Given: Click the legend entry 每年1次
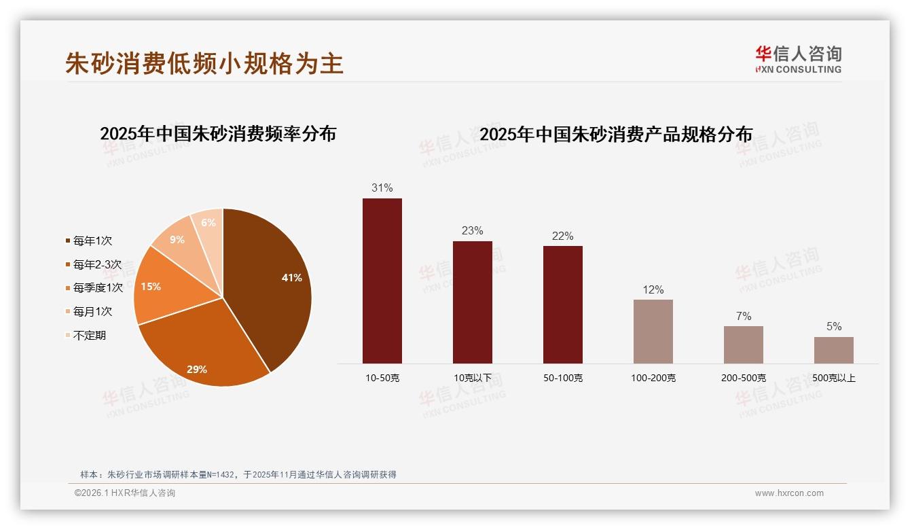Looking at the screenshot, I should [92, 241].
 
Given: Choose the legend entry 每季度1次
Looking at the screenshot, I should [98, 288].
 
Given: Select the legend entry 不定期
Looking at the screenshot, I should [89, 336].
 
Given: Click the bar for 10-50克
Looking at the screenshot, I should [382, 281].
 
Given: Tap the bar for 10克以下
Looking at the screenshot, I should [473, 302].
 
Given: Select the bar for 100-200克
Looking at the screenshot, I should [653, 332].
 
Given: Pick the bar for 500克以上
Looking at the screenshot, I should [834, 350].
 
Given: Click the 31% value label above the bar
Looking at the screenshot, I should [382, 188].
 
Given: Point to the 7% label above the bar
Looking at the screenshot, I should [744, 316].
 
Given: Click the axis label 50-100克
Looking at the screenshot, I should [563, 378].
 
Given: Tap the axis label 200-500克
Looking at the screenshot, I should [744, 378].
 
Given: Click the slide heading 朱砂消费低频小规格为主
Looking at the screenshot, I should [204, 63].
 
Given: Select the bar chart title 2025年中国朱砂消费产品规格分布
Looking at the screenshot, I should [616, 135].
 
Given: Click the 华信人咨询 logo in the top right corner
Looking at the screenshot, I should [798, 59].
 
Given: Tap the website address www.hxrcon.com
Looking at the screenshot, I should [789, 493].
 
